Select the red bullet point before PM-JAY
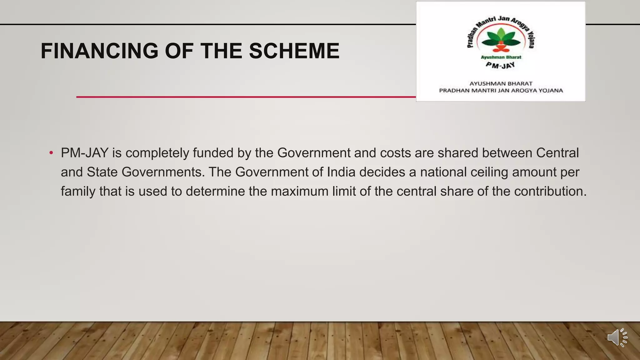51,153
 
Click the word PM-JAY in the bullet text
84,153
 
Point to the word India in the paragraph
341,172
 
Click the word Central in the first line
557,153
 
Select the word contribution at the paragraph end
550,191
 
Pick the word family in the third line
78,191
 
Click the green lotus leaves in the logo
501,39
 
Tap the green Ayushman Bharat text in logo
501,57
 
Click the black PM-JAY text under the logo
500,65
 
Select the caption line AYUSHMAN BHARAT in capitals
501,83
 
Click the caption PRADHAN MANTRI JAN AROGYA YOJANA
501,91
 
